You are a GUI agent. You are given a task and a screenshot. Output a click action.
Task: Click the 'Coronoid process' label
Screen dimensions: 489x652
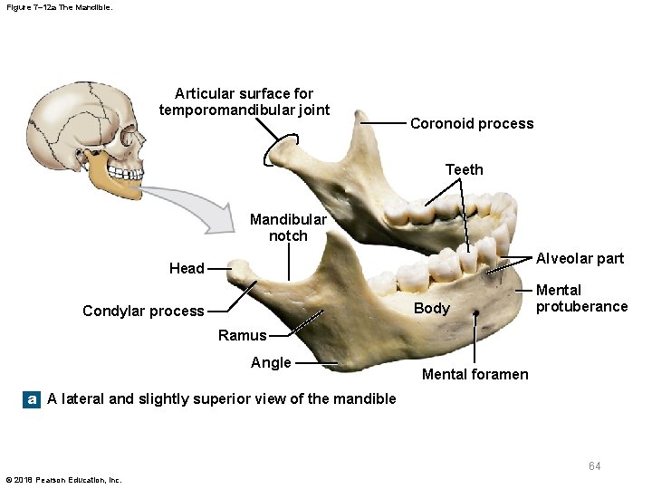(x=472, y=124)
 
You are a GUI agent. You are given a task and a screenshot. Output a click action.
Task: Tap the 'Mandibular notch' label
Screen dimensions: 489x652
(x=288, y=227)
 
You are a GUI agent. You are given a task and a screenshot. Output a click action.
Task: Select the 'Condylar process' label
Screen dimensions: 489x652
(x=143, y=311)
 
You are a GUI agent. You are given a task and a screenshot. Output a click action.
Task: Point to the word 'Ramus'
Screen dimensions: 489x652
(x=242, y=335)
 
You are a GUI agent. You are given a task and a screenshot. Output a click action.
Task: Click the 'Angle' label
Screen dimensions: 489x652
(x=271, y=362)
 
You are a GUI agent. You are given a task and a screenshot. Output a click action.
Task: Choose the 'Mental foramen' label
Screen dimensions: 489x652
(x=475, y=374)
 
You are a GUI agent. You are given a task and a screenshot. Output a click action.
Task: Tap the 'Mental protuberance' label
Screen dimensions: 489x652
(x=581, y=298)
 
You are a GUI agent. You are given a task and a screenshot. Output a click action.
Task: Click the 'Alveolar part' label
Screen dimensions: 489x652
(x=580, y=258)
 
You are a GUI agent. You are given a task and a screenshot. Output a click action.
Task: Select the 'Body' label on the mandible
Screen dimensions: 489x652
(x=431, y=308)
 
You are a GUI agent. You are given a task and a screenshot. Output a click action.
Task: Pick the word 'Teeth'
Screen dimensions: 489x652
(x=465, y=169)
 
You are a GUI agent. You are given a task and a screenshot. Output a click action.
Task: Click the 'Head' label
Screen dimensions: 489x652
(x=187, y=268)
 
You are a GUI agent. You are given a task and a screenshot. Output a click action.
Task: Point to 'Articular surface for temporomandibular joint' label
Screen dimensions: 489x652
(x=244, y=101)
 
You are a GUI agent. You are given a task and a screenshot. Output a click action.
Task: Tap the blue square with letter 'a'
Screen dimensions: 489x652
(x=33, y=398)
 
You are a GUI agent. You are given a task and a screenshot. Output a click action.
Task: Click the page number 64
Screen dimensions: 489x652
(x=594, y=465)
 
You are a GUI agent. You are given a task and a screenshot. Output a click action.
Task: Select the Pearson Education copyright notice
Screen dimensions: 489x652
(x=63, y=480)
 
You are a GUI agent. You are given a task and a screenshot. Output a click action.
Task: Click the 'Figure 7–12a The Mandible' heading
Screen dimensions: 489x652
(x=59, y=7)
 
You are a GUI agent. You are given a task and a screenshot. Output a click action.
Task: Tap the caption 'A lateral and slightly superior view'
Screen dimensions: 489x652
(x=222, y=398)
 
